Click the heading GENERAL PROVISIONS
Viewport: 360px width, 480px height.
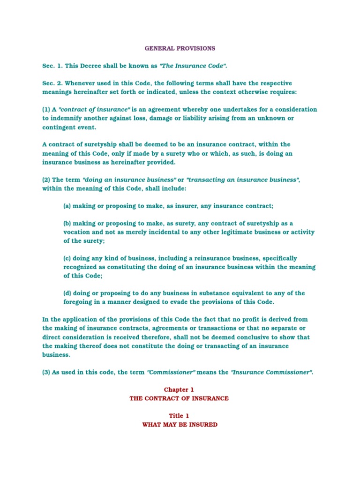point(180,48)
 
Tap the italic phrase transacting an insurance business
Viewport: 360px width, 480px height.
point(243,180)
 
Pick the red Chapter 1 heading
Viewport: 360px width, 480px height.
point(179,390)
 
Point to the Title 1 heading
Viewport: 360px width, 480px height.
point(180,416)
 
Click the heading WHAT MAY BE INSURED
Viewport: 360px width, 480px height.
point(180,425)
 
